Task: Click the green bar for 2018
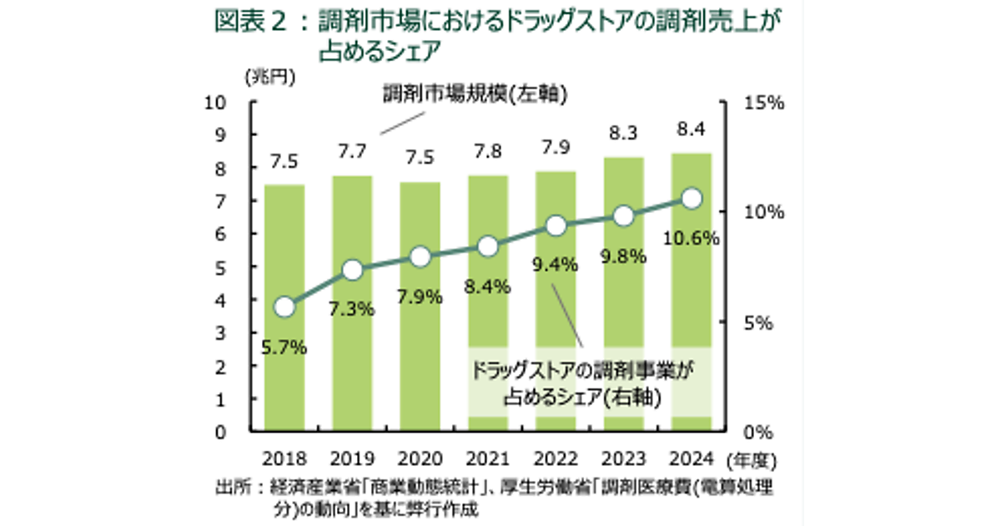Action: [x=284, y=367]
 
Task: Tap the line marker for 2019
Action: [x=352, y=270]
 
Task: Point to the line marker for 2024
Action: [x=692, y=199]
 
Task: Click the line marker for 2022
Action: [x=556, y=225]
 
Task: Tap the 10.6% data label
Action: [x=692, y=239]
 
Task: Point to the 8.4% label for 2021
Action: [x=487, y=289]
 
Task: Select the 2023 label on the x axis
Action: [x=623, y=458]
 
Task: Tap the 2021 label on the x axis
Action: [x=487, y=458]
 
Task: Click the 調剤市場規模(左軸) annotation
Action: [x=475, y=94]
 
